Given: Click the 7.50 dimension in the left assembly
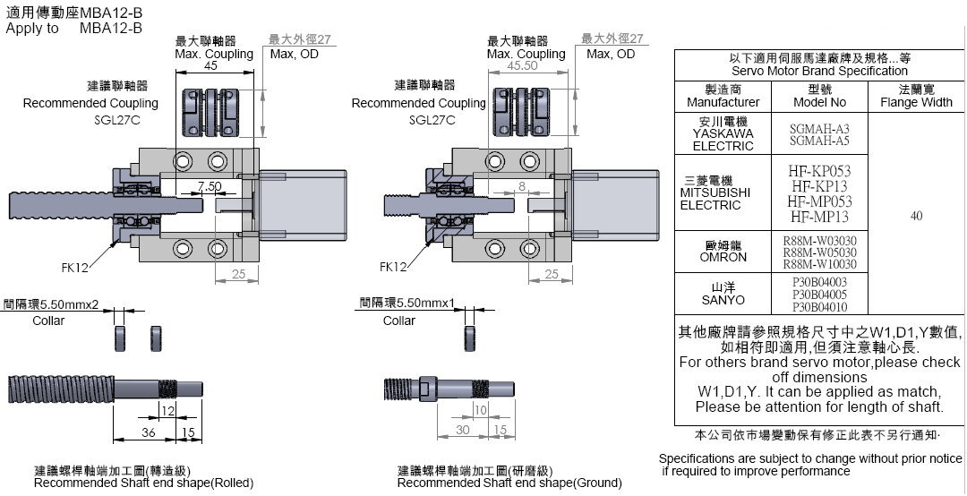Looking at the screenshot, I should [210, 186].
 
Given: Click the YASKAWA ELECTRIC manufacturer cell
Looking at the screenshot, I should [717, 133].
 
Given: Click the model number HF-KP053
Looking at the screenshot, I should [819, 170].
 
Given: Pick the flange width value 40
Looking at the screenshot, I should [916, 215].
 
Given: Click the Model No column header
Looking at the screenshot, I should [819, 96].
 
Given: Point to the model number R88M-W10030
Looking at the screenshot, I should [819, 264].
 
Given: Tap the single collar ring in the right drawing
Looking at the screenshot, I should [468, 338].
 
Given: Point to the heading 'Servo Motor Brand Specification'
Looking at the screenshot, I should [819, 71].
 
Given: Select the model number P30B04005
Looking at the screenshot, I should [819, 294].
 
